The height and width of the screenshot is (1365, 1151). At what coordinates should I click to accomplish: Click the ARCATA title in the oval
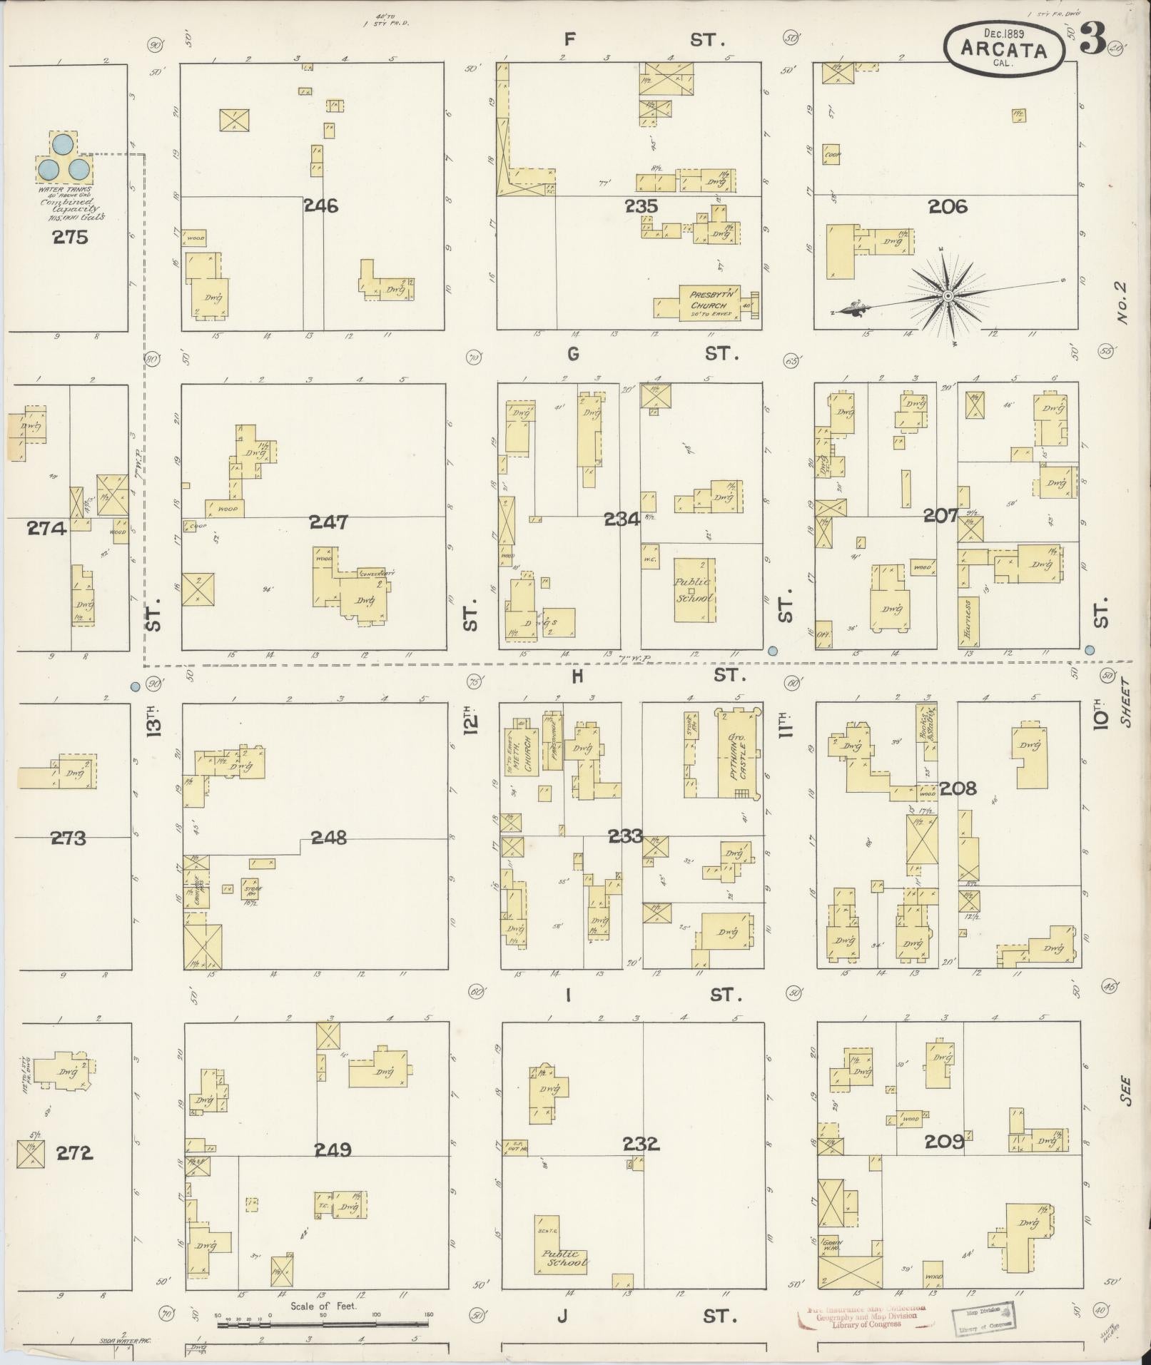click(x=1003, y=50)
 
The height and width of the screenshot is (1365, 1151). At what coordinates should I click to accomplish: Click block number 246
click(x=320, y=207)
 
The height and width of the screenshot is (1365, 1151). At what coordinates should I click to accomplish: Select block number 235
click(x=640, y=206)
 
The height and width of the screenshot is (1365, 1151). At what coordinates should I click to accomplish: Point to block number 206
click(x=948, y=207)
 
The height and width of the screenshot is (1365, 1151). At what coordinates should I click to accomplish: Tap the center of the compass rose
click(x=948, y=295)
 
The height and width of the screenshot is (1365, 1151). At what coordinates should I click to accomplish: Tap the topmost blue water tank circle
click(x=62, y=144)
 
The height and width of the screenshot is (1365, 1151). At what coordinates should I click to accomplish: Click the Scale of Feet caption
click(x=323, y=1307)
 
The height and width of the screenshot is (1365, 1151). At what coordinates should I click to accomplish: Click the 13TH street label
click(x=155, y=721)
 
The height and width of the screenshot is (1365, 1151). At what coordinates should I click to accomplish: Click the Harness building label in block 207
click(x=968, y=618)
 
